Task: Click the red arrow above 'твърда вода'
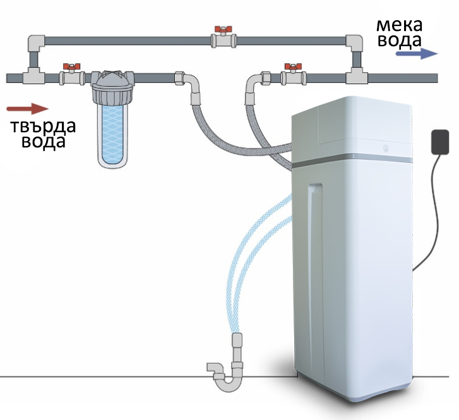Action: [28, 109]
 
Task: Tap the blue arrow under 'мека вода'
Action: [417, 54]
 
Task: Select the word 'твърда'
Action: [43, 127]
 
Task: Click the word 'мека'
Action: [399, 25]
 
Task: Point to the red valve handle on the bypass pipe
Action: [224, 29]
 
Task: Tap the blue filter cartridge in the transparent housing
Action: [112, 134]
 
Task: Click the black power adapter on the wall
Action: [440, 142]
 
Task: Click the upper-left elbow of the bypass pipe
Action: [36, 43]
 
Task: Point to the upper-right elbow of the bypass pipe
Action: [354, 43]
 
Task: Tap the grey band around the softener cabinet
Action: [351, 160]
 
